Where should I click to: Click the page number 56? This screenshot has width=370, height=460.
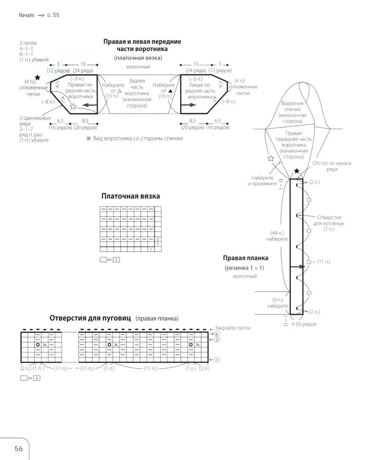click(x=19, y=448)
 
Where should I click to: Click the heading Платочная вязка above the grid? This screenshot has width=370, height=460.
click(x=131, y=196)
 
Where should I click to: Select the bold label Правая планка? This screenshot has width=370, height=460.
click(x=245, y=258)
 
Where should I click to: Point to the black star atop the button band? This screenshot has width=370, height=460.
click(x=297, y=172)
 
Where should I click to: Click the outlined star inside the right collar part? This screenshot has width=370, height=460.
click(x=73, y=107)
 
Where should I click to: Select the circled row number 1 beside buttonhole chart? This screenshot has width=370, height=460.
click(x=217, y=360)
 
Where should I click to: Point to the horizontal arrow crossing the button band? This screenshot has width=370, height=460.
click(x=298, y=266)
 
